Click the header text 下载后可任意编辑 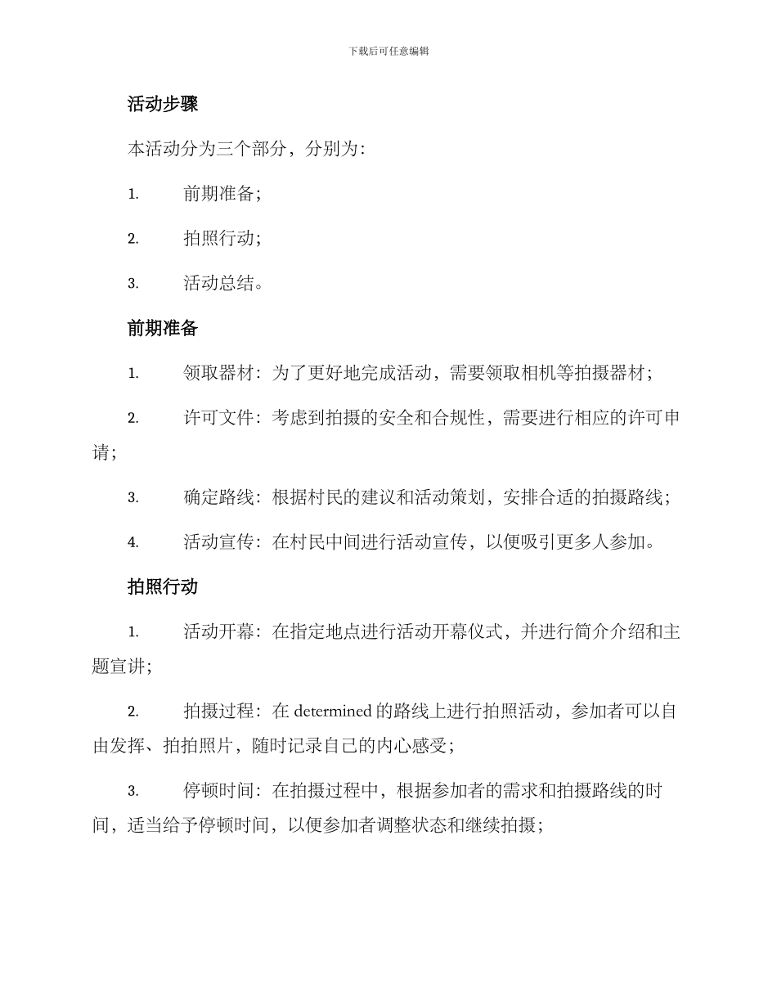388,51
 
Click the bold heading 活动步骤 163,104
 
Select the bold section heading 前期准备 163,328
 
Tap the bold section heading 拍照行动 163,586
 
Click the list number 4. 132,542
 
